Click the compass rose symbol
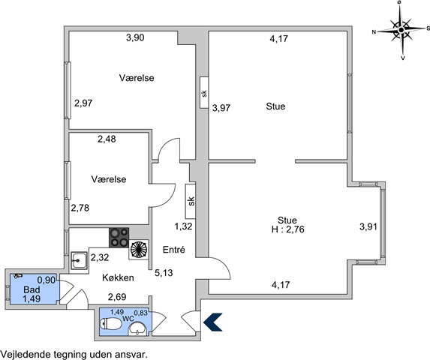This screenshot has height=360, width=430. coord(401,29)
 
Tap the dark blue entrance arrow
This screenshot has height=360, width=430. coord(213,322)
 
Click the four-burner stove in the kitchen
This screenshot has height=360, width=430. coord(119,238)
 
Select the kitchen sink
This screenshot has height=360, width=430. coord(79,260)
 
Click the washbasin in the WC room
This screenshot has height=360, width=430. coord(139,328)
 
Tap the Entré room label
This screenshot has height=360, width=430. coord(174,250)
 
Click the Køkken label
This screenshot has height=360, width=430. coord(118,277)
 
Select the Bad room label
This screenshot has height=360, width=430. coord(32,289)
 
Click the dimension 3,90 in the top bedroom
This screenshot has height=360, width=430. coord(135,37)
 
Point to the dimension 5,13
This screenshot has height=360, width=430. coord(164,273)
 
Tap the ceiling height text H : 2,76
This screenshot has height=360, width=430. coord(287,229)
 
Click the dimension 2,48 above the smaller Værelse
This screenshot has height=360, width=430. coord(107,139)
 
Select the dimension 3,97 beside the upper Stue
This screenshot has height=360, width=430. coord(221,108)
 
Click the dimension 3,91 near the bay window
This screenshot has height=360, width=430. coord(368,226)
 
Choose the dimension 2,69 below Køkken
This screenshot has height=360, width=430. coord(117,297)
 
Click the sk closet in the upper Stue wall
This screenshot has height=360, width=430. coord(204,92)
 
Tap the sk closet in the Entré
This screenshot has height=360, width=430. coord(191,201)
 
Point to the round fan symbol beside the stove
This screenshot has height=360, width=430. coord(139,250)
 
